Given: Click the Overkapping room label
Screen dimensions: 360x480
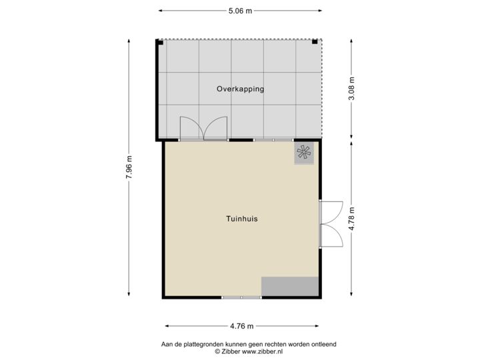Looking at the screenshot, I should [240, 89].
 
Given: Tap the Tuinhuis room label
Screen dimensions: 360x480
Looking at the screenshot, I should [241, 218].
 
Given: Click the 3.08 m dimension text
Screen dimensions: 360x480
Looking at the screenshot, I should [352, 89].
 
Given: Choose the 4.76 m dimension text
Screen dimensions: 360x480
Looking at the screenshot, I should [241, 326].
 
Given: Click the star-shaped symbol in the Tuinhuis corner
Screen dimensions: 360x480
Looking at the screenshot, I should [305, 153].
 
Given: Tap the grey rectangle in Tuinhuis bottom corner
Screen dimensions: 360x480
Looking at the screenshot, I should [289, 287].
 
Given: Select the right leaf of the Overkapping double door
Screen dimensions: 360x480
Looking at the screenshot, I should [216, 127].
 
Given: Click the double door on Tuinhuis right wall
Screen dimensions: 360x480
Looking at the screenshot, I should [332, 224].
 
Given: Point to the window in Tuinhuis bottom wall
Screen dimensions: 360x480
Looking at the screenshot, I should [241, 297].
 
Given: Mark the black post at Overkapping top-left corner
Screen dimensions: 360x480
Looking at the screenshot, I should [160, 43].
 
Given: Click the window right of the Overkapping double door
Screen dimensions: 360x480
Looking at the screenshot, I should [273, 140].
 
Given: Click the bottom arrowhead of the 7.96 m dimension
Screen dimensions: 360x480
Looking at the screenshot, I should [129, 296].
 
